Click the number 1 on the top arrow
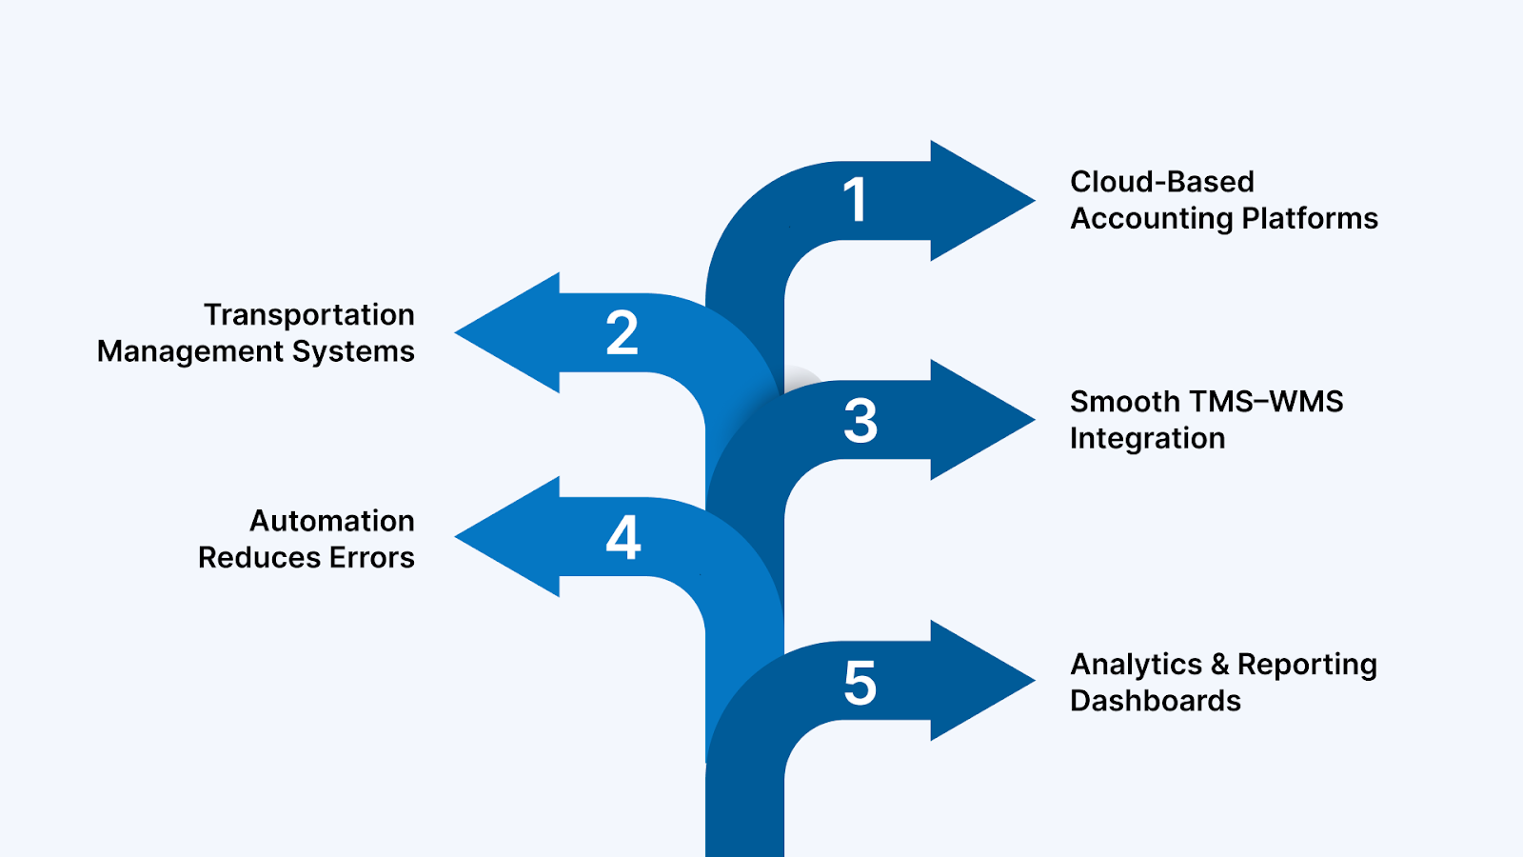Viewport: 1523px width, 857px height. [855, 200]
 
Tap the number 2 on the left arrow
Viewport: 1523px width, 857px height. [622, 333]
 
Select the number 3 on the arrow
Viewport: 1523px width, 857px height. [860, 421]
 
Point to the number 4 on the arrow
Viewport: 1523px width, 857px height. [623, 538]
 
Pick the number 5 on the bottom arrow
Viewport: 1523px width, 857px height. [860, 684]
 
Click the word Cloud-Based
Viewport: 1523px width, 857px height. [1161, 182]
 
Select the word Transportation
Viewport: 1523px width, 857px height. [308, 315]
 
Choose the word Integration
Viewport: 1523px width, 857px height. [1147, 439]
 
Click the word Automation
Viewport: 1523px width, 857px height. [331, 521]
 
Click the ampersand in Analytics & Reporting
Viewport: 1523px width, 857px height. [1219, 665]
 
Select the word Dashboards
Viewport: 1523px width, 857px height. [1155, 701]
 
